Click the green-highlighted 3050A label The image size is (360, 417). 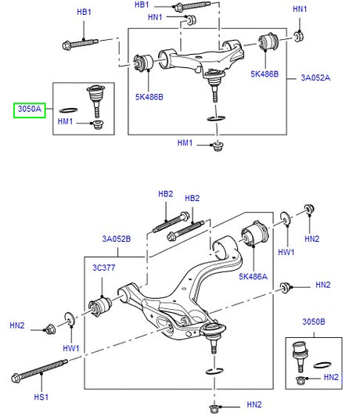pyautogui.click(x=27, y=110)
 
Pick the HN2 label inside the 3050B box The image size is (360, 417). pyautogui.click(x=330, y=378)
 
